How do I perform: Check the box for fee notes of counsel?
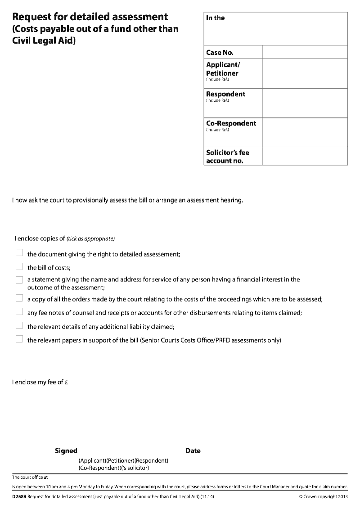point(19,311)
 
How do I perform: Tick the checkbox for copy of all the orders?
point(19,298)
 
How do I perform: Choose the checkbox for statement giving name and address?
point(19,280)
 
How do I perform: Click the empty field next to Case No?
point(305,52)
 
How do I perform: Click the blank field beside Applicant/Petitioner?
point(305,73)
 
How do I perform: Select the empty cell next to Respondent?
point(305,103)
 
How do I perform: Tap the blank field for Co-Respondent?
point(305,132)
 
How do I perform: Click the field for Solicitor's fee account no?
point(305,156)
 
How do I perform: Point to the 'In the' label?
point(215,18)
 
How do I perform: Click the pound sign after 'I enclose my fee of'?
point(66,383)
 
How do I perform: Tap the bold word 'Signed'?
point(66,451)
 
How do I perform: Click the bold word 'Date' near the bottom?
point(193,451)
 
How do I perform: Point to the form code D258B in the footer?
point(19,497)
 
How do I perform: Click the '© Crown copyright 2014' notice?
point(323,497)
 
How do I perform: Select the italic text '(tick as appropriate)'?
point(91,239)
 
